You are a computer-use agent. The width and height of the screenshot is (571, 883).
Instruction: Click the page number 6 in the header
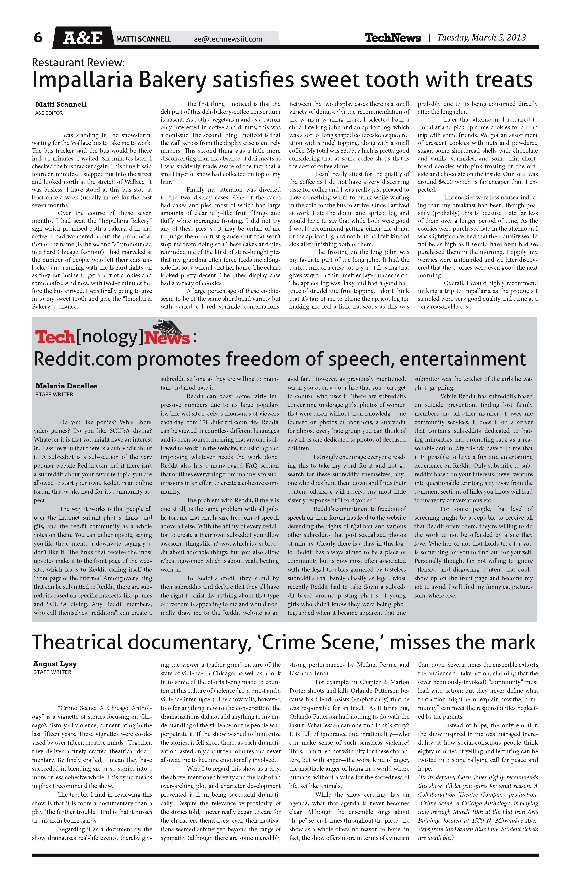click(38, 37)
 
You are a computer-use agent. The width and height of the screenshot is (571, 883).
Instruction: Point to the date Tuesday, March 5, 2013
click(481, 37)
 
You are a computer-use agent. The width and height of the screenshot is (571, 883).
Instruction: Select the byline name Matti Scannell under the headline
click(61, 104)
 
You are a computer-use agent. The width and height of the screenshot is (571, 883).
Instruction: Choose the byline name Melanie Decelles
click(66, 386)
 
